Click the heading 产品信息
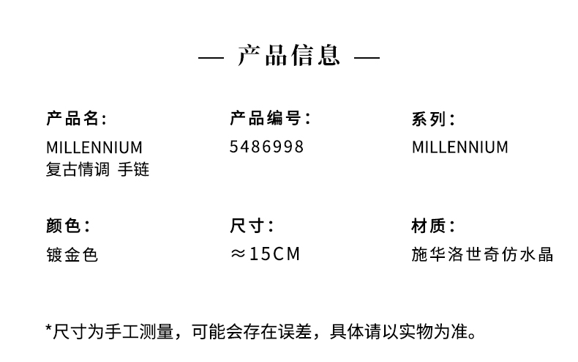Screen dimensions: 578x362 point(288,56)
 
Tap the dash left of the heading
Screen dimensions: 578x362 point(211,58)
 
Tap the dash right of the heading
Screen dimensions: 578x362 point(367,58)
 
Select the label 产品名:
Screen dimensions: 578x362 point(76,119)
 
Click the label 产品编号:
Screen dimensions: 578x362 point(270,118)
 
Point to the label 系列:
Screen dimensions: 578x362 point(433,119)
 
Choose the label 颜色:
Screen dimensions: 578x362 point(68,225)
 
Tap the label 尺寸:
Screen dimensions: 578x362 point(252,225)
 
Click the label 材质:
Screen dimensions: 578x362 point(433,225)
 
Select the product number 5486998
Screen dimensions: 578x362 point(266,147)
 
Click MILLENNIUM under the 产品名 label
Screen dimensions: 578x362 point(94,148)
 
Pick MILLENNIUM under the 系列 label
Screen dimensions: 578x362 point(460,147)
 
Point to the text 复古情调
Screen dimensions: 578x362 point(78,169)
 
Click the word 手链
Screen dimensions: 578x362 point(133,169)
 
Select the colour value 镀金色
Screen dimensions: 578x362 point(72,255)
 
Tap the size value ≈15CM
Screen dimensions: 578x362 point(265,254)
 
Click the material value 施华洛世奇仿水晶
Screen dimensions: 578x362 point(482,254)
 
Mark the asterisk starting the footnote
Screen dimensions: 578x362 point(48,328)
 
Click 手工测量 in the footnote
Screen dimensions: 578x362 point(139,331)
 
